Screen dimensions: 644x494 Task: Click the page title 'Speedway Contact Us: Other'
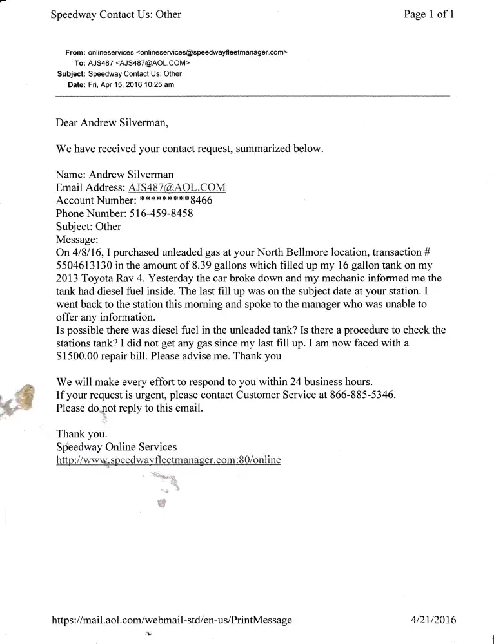pyautogui.click(x=116, y=14)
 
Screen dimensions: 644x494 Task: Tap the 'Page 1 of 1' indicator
pyautogui.click(x=429, y=14)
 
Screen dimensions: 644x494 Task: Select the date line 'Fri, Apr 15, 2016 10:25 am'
pyautogui.click(x=130, y=84)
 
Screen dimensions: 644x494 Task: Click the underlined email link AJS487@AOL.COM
pyautogui.click(x=177, y=187)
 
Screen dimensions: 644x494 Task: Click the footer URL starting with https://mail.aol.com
pyautogui.click(x=172, y=620)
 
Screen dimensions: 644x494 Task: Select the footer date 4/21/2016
pyautogui.click(x=433, y=620)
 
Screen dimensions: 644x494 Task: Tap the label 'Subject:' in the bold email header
pyautogui.click(x=71, y=73)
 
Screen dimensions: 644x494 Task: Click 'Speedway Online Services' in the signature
pyautogui.click(x=116, y=446)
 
